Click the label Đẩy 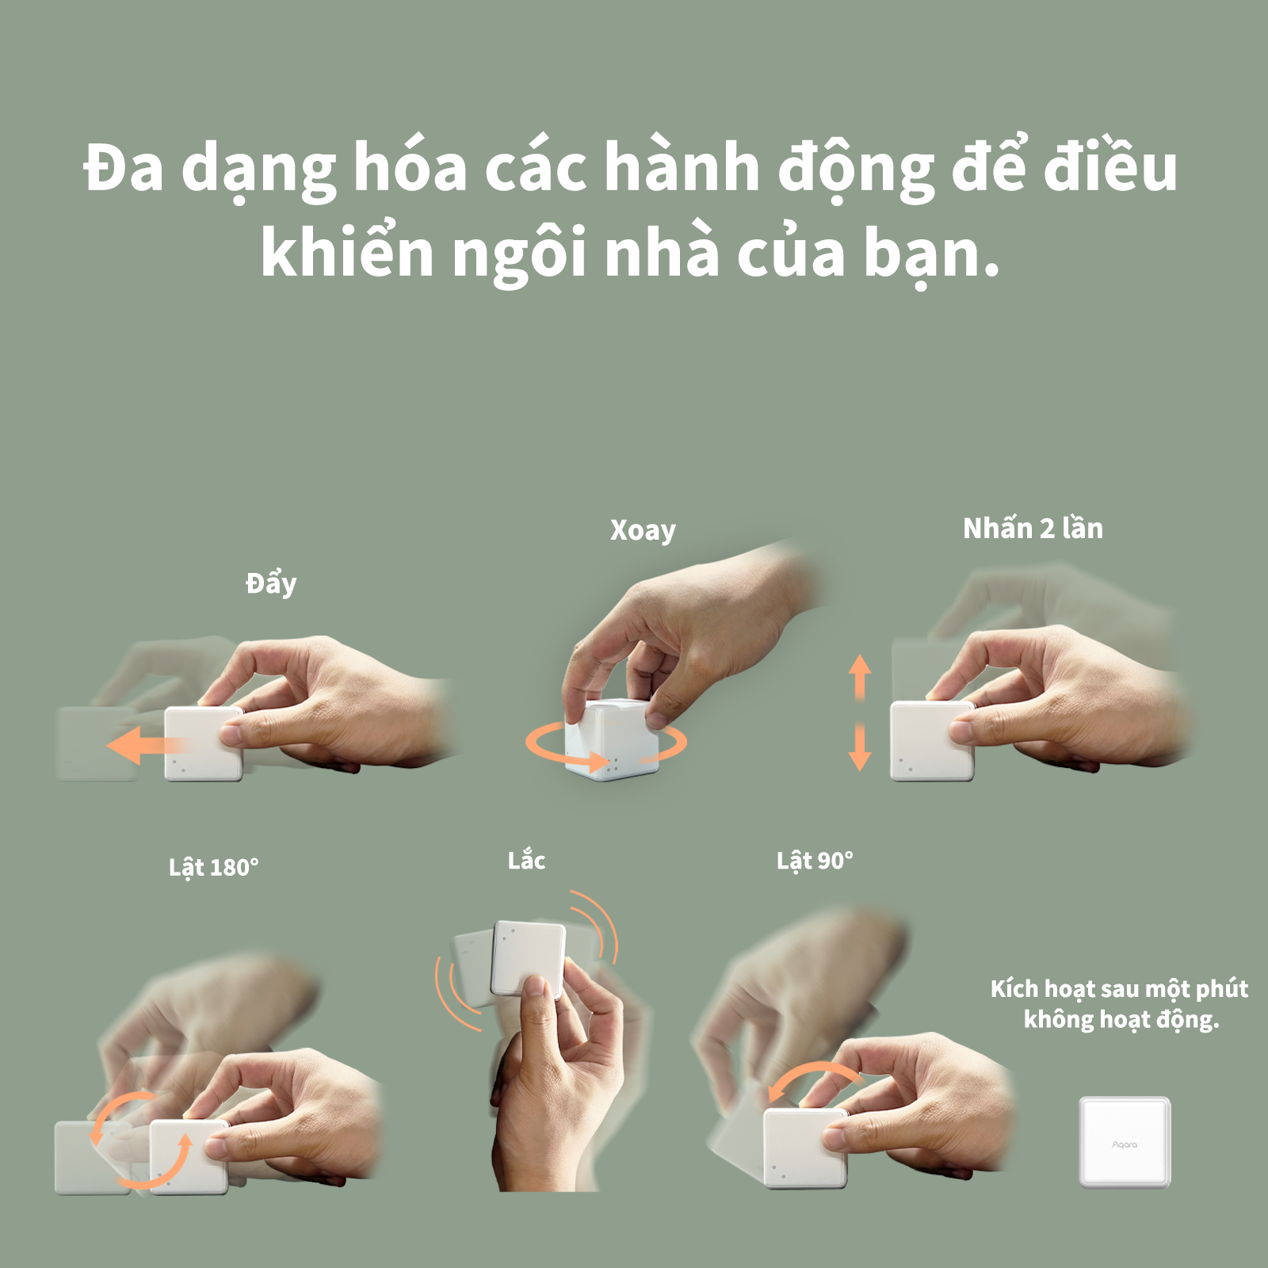271,583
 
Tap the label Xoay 643,530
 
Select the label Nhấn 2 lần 1033,528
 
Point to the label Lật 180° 213,867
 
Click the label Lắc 526,859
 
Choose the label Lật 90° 815,861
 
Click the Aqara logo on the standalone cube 1125,1144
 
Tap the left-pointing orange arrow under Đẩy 147,747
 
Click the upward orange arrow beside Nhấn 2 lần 860,676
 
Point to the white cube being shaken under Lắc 528,959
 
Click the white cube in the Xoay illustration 611,739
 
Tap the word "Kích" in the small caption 1014,988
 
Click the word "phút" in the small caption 1222,990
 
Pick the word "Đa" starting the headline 124,168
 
